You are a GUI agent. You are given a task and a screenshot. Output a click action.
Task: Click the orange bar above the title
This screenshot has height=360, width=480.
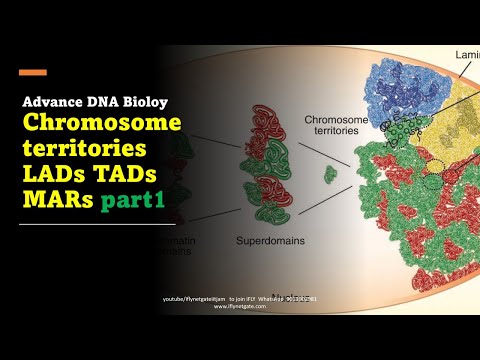(32, 72)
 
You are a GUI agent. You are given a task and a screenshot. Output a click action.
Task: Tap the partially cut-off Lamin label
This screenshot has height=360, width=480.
(467, 54)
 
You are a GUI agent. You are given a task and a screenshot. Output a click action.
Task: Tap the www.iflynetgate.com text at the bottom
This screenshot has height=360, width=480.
(240, 306)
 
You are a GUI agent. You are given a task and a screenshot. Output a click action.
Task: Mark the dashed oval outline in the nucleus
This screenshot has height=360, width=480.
(435, 170)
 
